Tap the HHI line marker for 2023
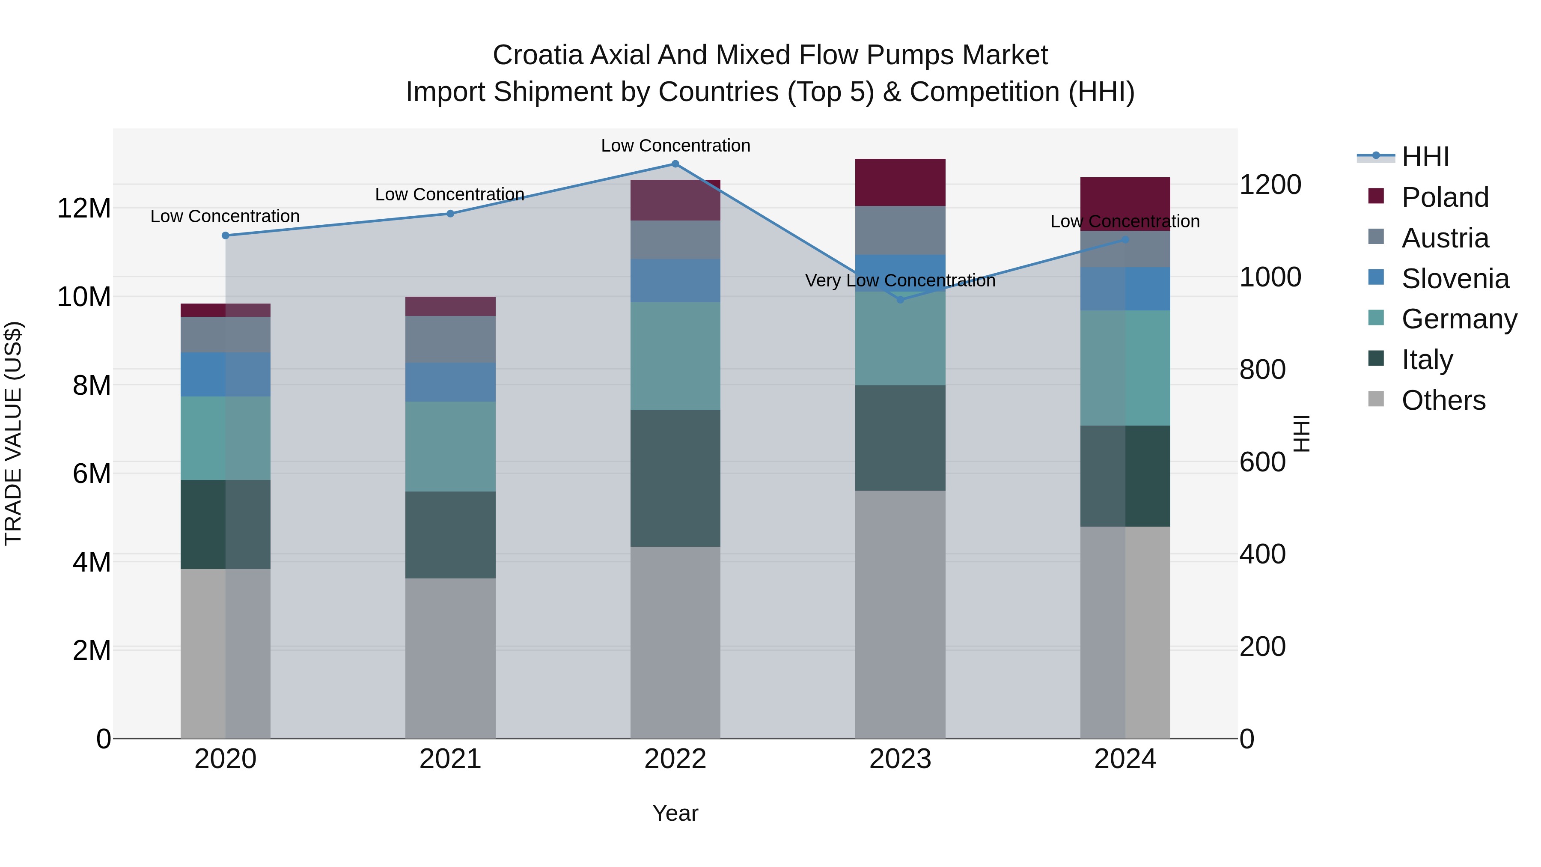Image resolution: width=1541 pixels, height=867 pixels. click(900, 300)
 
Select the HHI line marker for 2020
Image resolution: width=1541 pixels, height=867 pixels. click(226, 236)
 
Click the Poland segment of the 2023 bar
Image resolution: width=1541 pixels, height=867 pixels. click(900, 182)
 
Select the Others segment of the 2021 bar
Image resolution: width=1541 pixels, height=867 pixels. click(450, 658)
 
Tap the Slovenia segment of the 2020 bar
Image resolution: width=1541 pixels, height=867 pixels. click(226, 375)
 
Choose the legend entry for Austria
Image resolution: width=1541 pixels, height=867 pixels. click(1444, 238)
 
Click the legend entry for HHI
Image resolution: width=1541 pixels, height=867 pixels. click(1425, 157)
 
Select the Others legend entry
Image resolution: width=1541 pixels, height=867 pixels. click(1443, 400)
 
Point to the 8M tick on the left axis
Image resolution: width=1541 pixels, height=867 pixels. click(92, 385)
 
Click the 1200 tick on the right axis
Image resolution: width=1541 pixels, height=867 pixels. click(1270, 185)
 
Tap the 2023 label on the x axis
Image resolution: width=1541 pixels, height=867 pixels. click(900, 759)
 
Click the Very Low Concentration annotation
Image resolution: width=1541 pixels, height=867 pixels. click(900, 280)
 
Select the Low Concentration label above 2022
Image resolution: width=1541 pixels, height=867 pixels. click(675, 146)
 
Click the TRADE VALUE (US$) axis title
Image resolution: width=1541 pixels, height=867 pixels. click(13, 433)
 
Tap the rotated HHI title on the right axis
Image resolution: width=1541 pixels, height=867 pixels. click(1302, 433)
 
